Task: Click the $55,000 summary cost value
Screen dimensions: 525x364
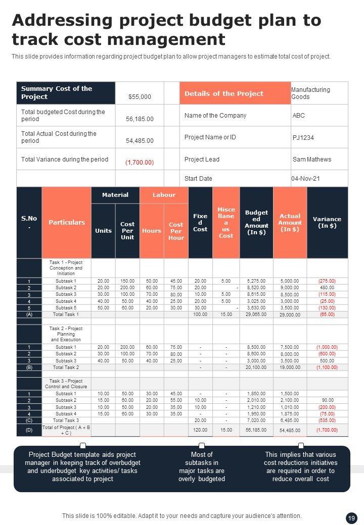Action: click(x=140, y=97)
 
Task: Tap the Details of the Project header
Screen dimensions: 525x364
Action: click(x=224, y=93)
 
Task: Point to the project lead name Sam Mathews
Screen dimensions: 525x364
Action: click(x=312, y=160)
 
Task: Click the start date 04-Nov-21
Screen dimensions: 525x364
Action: click(x=305, y=179)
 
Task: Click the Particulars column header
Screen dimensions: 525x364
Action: click(x=67, y=222)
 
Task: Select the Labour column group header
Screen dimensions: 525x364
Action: click(x=164, y=195)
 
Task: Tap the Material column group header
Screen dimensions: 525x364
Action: click(x=115, y=195)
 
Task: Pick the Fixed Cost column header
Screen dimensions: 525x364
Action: click(x=200, y=223)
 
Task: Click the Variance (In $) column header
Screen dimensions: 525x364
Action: click(x=327, y=223)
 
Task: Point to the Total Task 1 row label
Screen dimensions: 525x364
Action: click(x=66, y=314)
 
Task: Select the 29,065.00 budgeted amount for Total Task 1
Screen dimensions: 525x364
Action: click(x=256, y=314)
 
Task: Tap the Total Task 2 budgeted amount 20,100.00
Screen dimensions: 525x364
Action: click(x=256, y=367)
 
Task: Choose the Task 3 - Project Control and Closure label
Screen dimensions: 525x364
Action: click(x=66, y=384)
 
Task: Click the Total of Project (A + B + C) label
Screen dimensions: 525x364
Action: click(x=66, y=430)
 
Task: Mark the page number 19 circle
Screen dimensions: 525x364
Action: click(x=351, y=518)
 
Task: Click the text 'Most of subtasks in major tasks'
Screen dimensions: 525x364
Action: click(x=202, y=466)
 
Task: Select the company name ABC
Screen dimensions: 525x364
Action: click(x=299, y=116)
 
